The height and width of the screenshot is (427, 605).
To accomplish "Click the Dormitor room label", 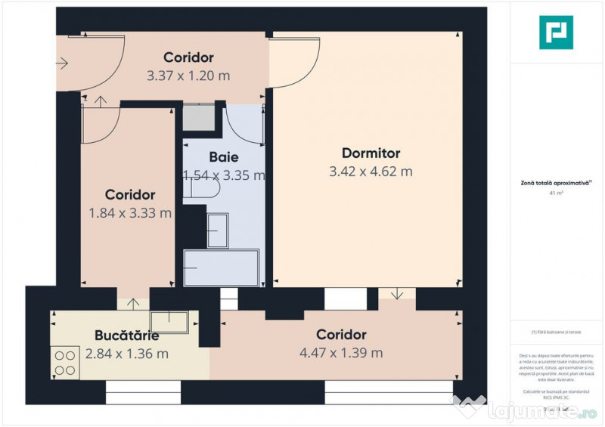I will coord(371,153).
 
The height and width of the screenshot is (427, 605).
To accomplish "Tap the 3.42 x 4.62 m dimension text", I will coord(371,172).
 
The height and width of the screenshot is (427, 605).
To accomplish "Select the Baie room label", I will coord(224,157).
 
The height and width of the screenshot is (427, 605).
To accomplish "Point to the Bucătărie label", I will coord(126,335).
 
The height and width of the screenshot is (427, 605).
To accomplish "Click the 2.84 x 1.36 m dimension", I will coord(126,353).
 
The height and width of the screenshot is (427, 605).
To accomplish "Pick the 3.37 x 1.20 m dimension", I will coord(188,76).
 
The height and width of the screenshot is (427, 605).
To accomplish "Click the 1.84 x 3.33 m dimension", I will coord(130,213).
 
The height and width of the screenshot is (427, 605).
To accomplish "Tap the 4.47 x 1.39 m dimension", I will coord(341,353).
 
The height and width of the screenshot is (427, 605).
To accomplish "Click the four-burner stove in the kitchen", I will coord(65,361).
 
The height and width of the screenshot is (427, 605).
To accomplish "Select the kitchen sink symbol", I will coord(168,322).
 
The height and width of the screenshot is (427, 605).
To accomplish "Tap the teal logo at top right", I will coord(556,32).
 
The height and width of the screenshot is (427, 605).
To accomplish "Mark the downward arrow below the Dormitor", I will coord(398,294).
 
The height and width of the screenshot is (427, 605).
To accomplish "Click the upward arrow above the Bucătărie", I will coord(133,304).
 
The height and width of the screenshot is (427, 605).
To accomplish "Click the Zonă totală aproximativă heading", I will coord(556,182).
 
